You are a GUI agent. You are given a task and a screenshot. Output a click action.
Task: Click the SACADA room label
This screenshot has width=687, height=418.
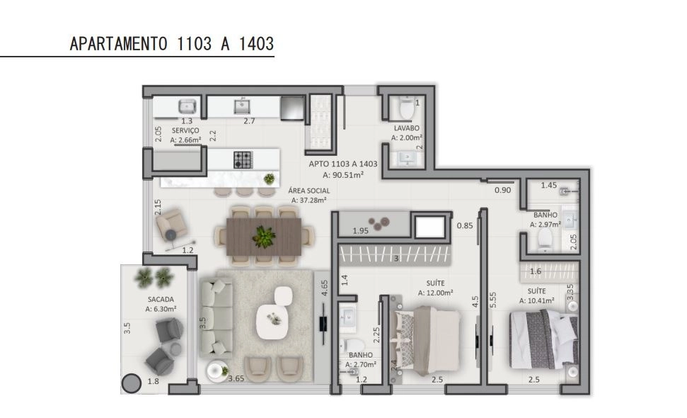[161, 300]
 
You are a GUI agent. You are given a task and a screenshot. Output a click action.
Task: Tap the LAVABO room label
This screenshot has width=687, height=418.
[407, 128]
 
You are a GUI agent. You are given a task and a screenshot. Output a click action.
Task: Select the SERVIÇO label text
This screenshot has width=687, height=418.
[185, 130]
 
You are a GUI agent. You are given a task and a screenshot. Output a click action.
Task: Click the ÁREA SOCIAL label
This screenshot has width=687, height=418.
[309, 191]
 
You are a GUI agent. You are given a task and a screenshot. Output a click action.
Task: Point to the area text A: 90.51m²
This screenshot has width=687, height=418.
[343, 175]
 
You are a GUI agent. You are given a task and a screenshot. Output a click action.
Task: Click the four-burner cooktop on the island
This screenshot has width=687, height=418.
[243, 159]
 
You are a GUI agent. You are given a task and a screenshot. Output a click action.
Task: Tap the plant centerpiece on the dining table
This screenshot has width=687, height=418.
[264, 237]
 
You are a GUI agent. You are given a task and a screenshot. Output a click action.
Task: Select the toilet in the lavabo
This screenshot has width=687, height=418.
[407, 109]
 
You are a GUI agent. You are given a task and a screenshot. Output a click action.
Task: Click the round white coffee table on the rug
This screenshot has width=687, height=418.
[272, 321]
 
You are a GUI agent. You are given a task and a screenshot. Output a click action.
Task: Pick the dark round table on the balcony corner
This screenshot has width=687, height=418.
[131, 383]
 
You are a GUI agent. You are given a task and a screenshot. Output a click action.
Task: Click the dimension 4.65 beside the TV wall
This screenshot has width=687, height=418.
[325, 288]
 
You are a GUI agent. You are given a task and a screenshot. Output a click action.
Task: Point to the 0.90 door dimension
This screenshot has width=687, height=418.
[502, 191]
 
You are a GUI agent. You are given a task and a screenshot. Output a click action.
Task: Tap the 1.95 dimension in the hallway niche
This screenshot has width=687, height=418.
[360, 231]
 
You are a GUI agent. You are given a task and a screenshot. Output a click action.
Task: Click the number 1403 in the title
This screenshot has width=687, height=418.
[256, 44]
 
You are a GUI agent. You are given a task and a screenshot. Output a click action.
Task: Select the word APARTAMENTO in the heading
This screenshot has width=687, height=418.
[118, 44]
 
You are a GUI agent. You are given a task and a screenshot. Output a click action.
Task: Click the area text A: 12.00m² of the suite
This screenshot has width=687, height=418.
[435, 293]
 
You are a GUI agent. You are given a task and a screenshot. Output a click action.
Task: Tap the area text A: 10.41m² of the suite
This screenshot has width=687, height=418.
[537, 300]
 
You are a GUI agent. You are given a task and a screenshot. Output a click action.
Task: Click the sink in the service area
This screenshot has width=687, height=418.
[187, 106]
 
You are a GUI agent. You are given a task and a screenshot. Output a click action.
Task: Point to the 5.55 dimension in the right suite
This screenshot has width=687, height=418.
[493, 300]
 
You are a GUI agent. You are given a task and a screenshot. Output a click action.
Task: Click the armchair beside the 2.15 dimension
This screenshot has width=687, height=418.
[172, 224]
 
